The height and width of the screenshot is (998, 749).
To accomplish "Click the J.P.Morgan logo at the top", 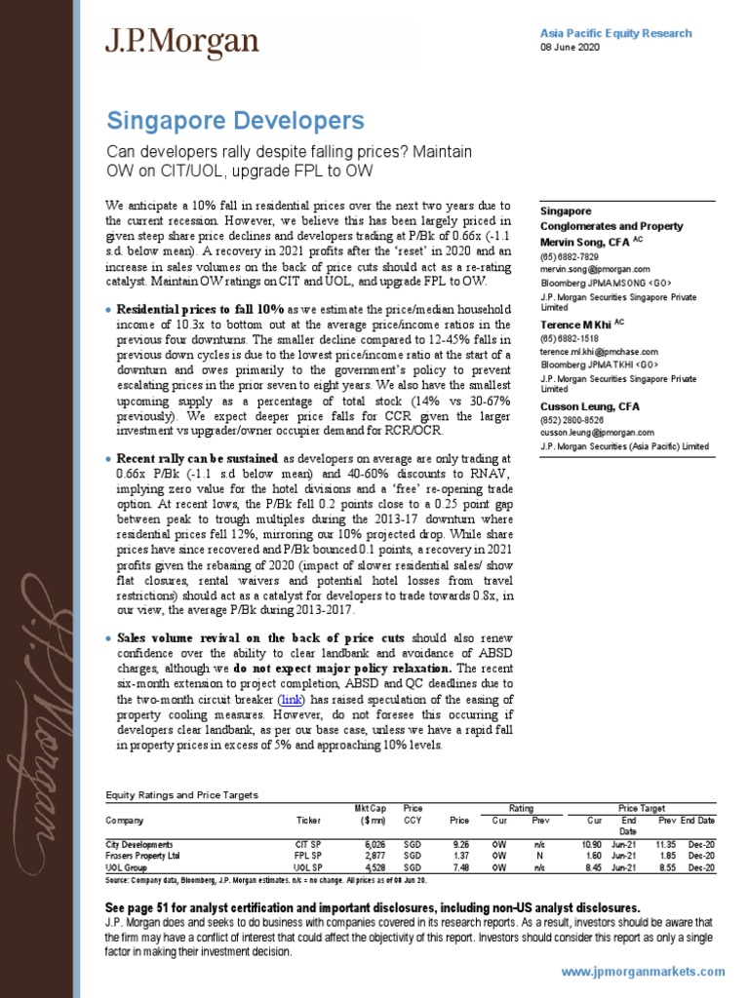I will pyautogui.click(x=182, y=42).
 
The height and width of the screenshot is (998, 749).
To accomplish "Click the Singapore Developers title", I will pyautogui.click(x=234, y=121).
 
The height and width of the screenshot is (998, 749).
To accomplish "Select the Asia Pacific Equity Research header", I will pyautogui.click(x=615, y=33).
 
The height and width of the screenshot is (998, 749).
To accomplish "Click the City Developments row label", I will pyautogui.click(x=138, y=843).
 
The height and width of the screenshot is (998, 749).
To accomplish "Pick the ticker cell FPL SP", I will pyautogui.click(x=308, y=855).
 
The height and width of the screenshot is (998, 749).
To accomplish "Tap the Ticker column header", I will pyautogui.click(x=307, y=821).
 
